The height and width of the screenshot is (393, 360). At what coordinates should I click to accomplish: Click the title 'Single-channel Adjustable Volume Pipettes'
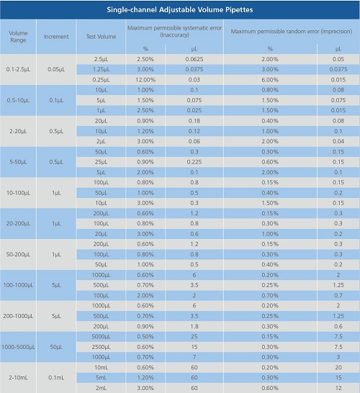(x=180, y=10)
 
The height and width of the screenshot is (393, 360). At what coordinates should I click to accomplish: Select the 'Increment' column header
(x=56, y=37)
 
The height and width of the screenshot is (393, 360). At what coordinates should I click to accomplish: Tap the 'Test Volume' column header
(x=101, y=37)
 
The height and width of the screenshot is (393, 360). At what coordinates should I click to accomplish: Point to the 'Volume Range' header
(x=18, y=37)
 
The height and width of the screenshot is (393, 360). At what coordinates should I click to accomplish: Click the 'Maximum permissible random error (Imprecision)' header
(x=292, y=32)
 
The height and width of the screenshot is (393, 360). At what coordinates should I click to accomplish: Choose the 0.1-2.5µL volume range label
(x=18, y=69)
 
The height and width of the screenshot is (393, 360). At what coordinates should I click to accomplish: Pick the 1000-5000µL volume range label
(x=18, y=347)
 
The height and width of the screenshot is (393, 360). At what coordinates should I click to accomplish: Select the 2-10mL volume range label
(x=18, y=377)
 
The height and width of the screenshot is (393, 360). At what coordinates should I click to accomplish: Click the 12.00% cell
(x=145, y=80)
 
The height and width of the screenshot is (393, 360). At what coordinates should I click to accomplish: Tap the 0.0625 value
(x=194, y=59)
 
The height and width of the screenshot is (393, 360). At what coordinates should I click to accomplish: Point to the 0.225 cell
(x=194, y=162)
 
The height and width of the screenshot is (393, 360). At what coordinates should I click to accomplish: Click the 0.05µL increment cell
(x=56, y=69)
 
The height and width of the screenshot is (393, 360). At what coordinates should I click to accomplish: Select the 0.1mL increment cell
(x=56, y=377)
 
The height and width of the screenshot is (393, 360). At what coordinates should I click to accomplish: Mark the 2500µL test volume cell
(x=101, y=347)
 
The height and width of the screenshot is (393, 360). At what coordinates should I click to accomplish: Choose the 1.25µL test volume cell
(x=101, y=69)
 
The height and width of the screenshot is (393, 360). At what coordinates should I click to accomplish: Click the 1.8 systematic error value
(x=194, y=326)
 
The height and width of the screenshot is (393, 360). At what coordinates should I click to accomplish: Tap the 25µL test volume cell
(x=101, y=162)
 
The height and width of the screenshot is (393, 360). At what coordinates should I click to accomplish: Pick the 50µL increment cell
(x=56, y=347)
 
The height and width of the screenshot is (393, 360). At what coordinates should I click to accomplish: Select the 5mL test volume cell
(x=101, y=377)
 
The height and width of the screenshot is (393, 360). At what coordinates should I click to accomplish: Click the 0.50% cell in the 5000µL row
(x=145, y=337)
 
